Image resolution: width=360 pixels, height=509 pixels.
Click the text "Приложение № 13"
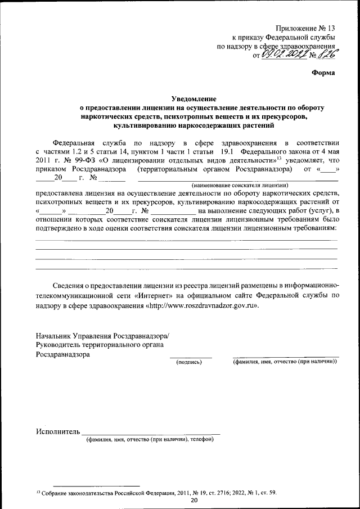click(305, 28)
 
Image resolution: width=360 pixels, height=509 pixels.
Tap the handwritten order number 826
click(329, 55)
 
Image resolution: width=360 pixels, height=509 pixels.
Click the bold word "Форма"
click(323, 72)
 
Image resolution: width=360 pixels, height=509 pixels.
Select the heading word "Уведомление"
click(194, 98)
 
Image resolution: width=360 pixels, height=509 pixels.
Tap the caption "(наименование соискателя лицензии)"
click(240, 185)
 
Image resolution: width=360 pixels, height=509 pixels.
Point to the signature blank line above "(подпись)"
click(191, 357)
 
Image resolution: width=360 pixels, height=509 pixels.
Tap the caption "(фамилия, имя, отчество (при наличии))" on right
click(285, 363)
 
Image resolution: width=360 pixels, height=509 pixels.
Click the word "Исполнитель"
click(57, 431)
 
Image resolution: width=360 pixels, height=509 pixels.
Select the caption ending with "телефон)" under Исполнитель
click(150, 439)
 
